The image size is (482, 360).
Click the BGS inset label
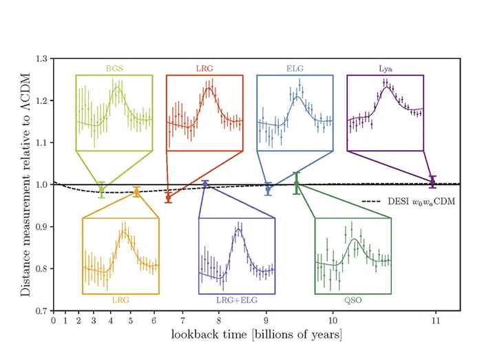(114, 69)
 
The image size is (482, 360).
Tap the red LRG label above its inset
(204, 69)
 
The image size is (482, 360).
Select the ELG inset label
(295, 69)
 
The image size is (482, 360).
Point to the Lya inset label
(385, 69)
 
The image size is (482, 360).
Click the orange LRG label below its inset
(120, 300)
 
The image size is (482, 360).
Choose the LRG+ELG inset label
(236, 300)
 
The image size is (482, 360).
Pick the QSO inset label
(353, 300)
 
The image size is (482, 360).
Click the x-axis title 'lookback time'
(257, 335)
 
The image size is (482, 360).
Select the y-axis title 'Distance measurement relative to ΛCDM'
(25, 184)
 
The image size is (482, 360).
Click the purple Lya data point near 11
(432, 182)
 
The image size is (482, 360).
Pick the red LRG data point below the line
(168, 198)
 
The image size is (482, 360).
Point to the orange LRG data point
(136, 192)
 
